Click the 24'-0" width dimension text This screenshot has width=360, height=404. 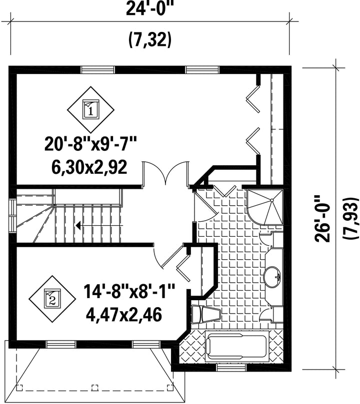pos(149,8)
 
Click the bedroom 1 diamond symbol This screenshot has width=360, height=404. pos(91,110)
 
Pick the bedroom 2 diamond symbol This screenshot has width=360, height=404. pos(52,299)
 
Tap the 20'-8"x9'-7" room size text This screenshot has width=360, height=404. pos(90,144)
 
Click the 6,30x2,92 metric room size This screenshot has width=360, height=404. pos(89,167)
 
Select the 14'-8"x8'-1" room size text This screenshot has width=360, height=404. pos(129,292)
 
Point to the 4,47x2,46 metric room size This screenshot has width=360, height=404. pos(124,314)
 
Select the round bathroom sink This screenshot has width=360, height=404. pos(272,277)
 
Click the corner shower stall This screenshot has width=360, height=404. pos(265,207)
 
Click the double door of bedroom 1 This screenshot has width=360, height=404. pos(166,173)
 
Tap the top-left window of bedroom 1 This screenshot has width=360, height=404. pos(97,69)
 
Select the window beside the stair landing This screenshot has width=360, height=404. pos(12,216)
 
